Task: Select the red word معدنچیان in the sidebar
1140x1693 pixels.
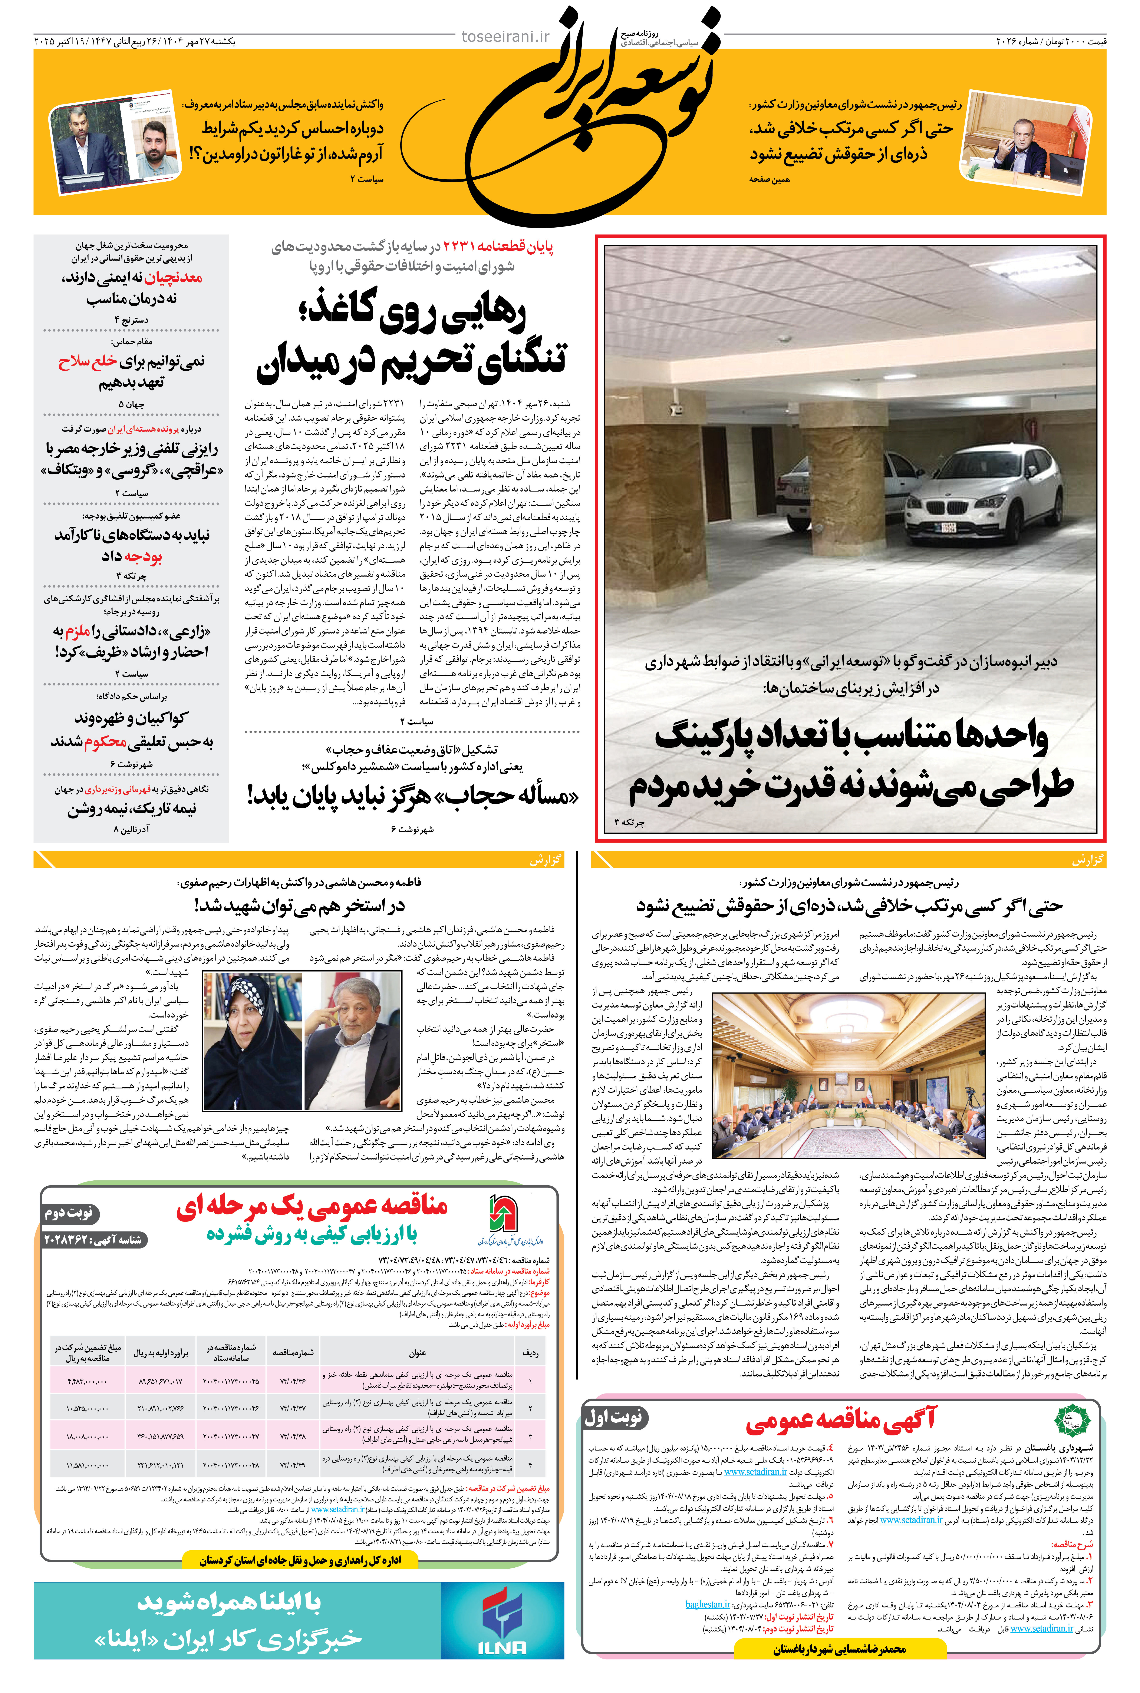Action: click(x=173, y=278)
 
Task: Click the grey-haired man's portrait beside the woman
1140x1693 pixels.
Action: click(x=353, y=1040)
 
